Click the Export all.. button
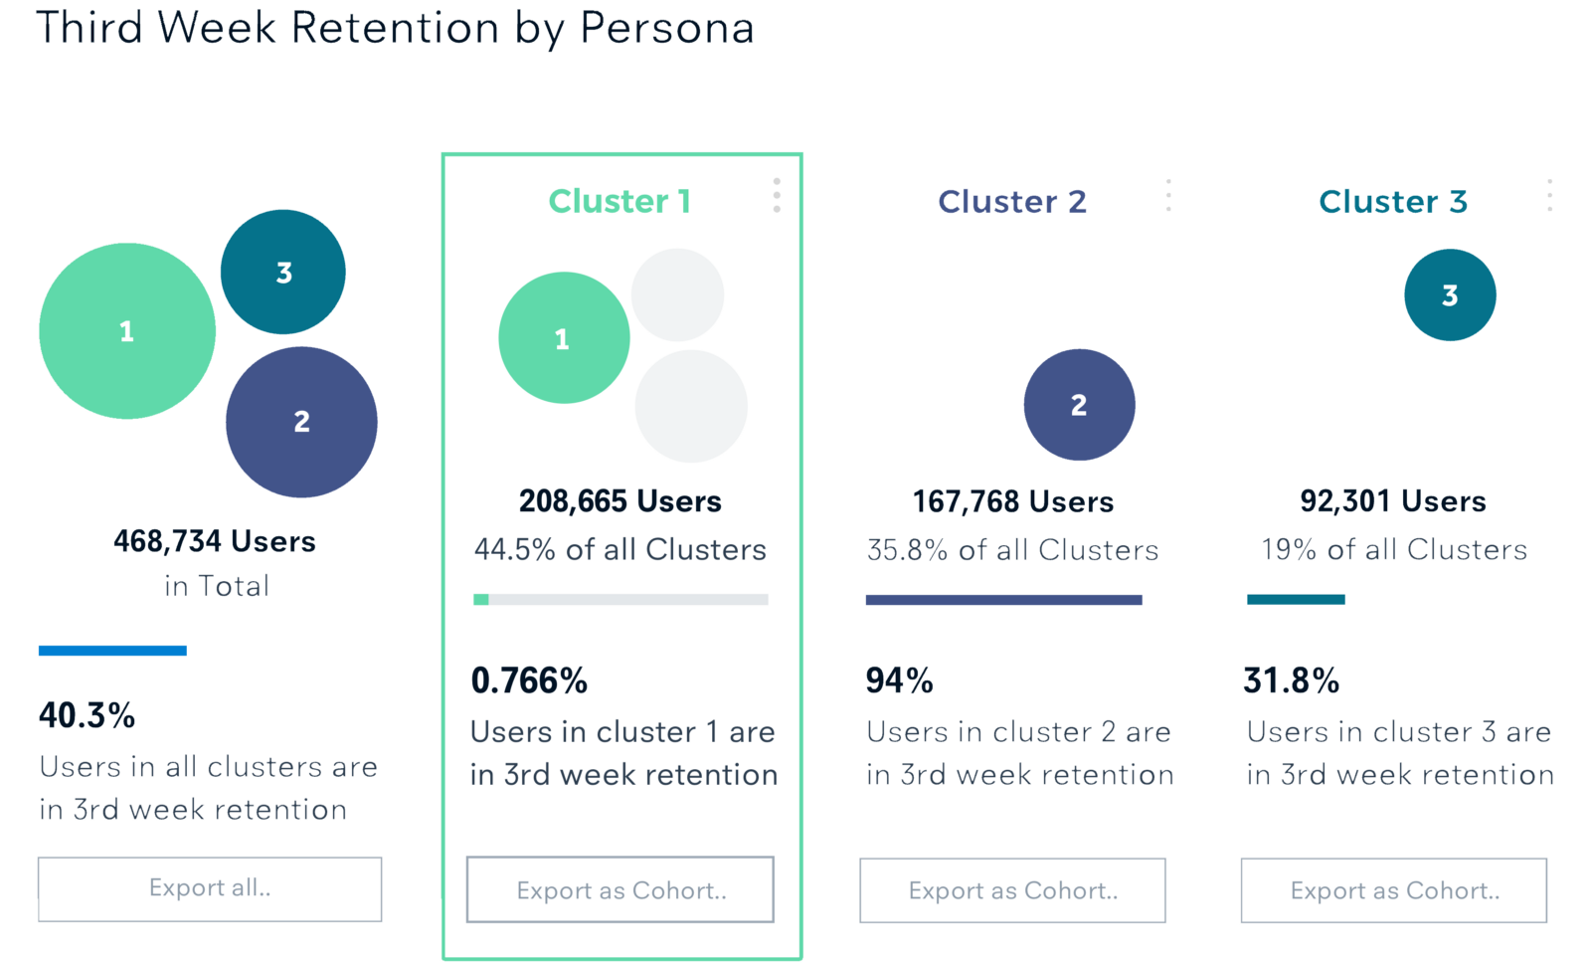coord(210,888)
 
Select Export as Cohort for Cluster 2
coord(1012,890)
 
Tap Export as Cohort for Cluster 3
coord(1393,890)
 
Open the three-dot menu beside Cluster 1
coord(777,195)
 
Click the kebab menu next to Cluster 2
coord(1168,195)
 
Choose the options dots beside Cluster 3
coord(1549,195)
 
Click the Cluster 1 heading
coord(619,201)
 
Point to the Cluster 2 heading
coord(1011,202)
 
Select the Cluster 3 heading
coord(1392,202)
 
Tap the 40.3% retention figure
coord(87,715)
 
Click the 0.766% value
coord(529,680)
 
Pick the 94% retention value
coord(899,680)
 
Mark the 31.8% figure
coord(1291,680)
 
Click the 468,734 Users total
coord(215,541)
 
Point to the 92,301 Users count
coord(1393,500)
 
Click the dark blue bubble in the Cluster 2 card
coord(1079,405)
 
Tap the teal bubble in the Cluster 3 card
coord(1450,294)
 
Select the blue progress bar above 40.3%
coord(112,651)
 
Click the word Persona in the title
coord(666,28)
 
